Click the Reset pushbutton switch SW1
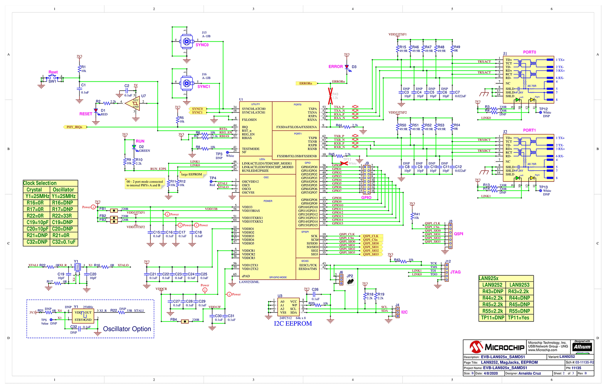[52, 78]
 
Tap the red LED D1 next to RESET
[96, 111]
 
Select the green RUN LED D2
[134, 147]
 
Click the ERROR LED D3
[347, 67]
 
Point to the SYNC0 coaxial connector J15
[186, 42]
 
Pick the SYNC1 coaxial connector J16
[186, 84]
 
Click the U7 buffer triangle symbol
[133, 103]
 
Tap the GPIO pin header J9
[366, 180]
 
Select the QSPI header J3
[450, 236]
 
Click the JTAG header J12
[447, 272]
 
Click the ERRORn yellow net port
[306, 83]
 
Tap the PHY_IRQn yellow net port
[75, 127]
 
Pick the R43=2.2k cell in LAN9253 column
[519, 291]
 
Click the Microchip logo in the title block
[497, 347]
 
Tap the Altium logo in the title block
[582, 347]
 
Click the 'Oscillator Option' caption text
[127, 329]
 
